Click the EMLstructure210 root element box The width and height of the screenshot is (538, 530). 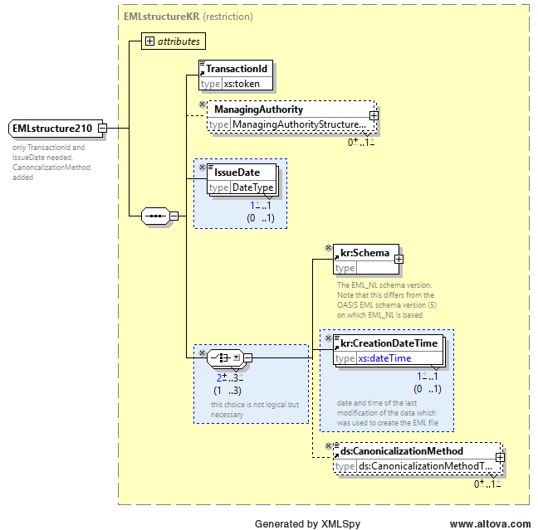tap(56, 129)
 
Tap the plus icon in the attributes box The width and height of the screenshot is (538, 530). tap(149, 41)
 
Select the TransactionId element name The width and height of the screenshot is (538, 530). tap(237, 69)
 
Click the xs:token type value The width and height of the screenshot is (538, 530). tap(242, 84)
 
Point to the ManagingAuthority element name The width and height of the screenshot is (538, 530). tap(259, 109)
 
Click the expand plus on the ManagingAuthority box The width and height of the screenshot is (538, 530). tap(374, 115)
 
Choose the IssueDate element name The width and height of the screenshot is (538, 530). tap(237, 172)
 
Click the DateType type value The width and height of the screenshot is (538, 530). tap(253, 187)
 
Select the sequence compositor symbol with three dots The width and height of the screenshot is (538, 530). tap(155, 216)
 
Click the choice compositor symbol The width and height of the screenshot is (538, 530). tap(225, 358)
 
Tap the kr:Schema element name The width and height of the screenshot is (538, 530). tap(364, 253)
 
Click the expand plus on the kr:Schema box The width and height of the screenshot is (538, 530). tap(399, 259)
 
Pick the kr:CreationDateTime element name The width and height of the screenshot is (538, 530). tap(389, 343)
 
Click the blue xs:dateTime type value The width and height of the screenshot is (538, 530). tap(384, 358)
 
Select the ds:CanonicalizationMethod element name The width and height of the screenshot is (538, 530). tap(402, 451)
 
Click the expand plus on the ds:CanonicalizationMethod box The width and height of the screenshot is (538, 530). tap(500, 457)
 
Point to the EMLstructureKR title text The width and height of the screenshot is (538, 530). tap(161, 17)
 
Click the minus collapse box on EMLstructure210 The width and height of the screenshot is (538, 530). tap(103, 129)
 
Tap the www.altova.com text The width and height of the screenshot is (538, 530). tap(491, 524)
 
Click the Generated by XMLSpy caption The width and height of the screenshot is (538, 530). tap(307, 524)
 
